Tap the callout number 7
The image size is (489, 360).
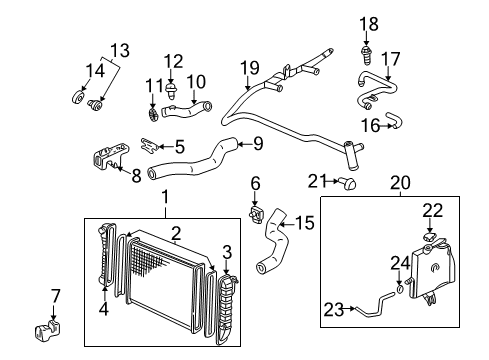(56, 296)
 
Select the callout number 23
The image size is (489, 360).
(331, 309)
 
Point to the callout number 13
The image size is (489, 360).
(119, 49)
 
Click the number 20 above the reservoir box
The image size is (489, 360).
(400, 183)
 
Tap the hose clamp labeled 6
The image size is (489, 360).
(257, 215)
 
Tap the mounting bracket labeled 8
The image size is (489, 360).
(105, 160)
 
